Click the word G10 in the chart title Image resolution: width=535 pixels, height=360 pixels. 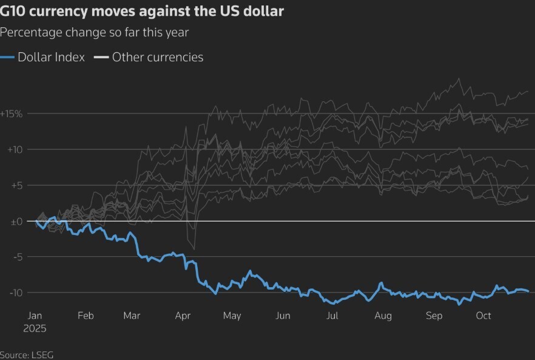point(13,12)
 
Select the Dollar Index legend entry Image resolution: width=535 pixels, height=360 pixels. point(51,58)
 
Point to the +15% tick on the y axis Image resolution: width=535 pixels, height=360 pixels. point(12,114)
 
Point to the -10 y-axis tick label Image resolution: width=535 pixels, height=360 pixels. point(15,293)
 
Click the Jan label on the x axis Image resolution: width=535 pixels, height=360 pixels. point(35,316)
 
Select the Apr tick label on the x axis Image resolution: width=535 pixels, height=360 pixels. point(183,316)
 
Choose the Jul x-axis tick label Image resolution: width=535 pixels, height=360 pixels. point(332,316)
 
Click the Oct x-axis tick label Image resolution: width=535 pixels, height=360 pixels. point(483,316)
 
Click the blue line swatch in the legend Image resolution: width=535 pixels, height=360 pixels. point(7,58)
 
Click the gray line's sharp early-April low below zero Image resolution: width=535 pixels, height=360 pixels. point(194,249)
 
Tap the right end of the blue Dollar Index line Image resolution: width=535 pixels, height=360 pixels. point(528,292)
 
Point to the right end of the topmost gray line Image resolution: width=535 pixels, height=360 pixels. point(528,91)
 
